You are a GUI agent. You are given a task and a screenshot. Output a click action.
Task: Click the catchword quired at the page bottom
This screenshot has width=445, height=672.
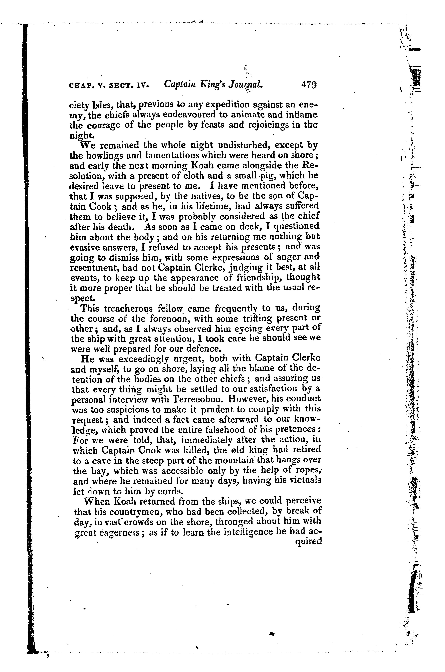pyautogui.click(x=309, y=542)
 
